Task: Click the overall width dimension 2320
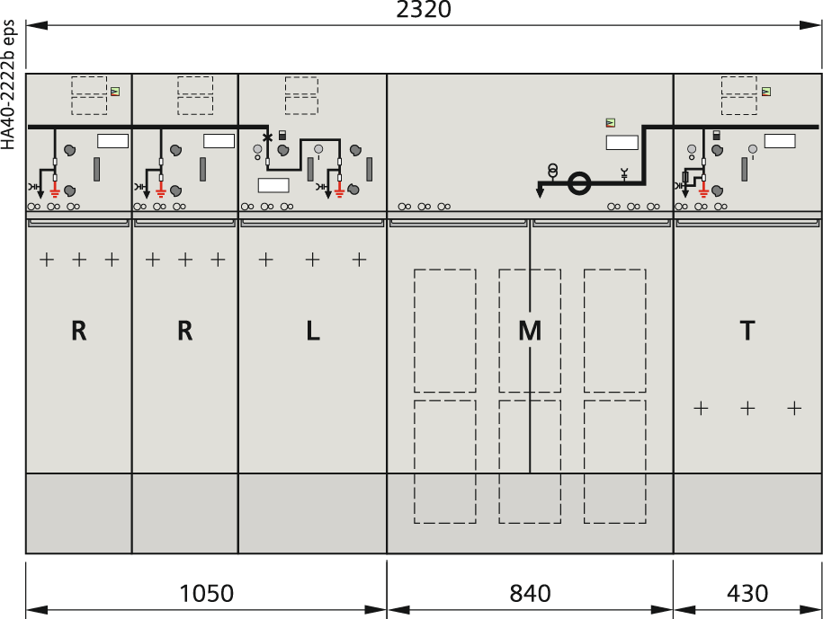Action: (423, 10)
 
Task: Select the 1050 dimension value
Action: (206, 594)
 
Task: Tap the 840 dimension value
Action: (530, 594)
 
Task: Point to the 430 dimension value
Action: (747, 594)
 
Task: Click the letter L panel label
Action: (313, 331)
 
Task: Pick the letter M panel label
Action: (530, 331)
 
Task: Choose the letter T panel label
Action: (747, 331)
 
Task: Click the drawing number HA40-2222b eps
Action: (9, 84)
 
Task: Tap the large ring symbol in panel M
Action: (579, 183)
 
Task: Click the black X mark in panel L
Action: (268, 137)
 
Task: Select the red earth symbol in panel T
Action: (704, 192)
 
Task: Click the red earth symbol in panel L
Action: (340, 192)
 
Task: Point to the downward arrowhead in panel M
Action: (540, 193)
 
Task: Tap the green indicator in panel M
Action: (611, 123)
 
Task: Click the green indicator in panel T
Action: (766, 92)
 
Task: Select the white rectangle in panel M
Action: (622, 142)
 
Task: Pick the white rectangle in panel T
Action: (780, 141)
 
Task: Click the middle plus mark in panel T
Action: (747, 408)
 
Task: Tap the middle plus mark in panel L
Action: (313, 259)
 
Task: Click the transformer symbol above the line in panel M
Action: (552, 171)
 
